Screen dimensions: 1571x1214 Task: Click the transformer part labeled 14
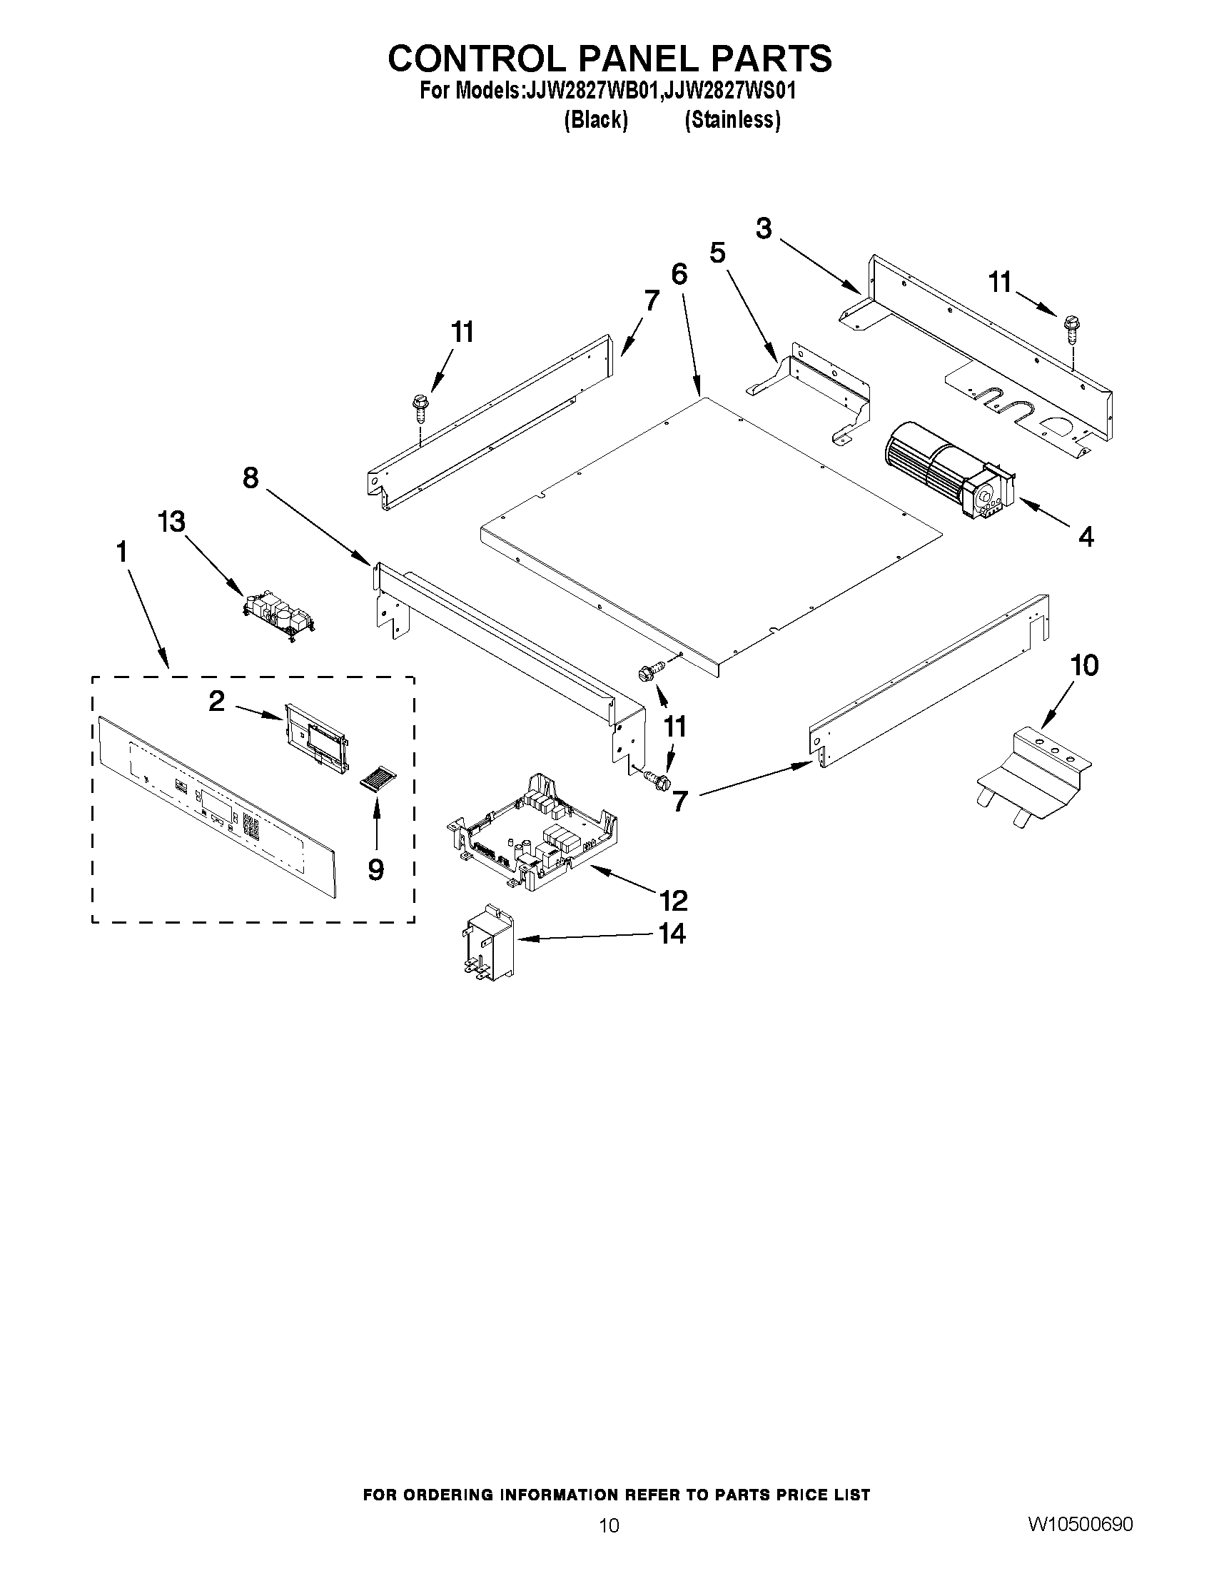[487, 941]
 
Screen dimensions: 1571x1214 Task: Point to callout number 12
[673, 900]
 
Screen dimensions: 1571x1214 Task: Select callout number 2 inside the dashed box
[216, 701]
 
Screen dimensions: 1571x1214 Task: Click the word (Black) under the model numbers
[595, 119]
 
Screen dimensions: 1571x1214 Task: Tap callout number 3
[764, 228]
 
